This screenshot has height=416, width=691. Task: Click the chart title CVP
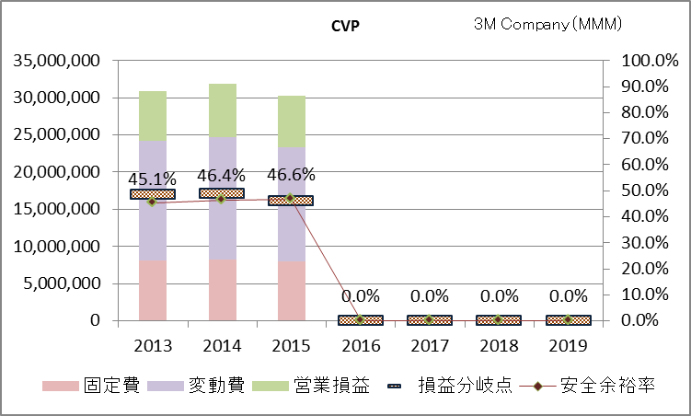click(345, 25)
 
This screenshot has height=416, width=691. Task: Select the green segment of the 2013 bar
click(153, 116)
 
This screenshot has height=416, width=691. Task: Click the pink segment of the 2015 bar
click(291, 291)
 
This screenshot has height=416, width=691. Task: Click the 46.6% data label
click(293, 174)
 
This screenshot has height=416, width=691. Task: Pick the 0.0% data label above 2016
click(360, 296)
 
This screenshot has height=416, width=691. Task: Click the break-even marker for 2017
click(429, 320)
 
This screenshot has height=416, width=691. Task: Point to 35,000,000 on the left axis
click(56, 61)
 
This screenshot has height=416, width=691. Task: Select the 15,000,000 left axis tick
click(56, 210)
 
